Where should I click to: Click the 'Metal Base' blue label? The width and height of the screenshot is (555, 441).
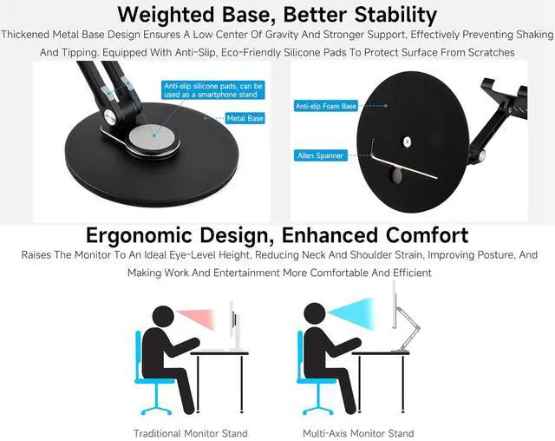[x=245, y=118]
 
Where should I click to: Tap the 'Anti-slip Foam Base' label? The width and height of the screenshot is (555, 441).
[x=326, y=106]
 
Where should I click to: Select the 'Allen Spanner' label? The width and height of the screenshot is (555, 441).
[x=320, y=155]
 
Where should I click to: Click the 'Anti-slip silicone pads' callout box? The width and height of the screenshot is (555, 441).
[x=212, y=90]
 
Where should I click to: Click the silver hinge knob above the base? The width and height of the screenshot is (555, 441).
[x=110, y=115]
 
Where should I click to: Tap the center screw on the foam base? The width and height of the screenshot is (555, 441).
[x=407, y=142]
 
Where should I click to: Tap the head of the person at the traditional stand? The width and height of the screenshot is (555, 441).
[x=163, y=317]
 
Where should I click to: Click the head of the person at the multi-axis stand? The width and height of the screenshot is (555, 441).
[x=315, y=313]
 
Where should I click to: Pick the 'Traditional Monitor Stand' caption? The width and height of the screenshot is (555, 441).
[x=191, y=433]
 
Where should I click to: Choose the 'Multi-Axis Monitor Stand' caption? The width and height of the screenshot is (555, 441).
[x=358, y=433]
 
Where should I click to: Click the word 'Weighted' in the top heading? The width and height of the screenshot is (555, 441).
[x=166, y=15]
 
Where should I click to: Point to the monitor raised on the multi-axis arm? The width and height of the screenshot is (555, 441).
[x=395, y=305]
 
